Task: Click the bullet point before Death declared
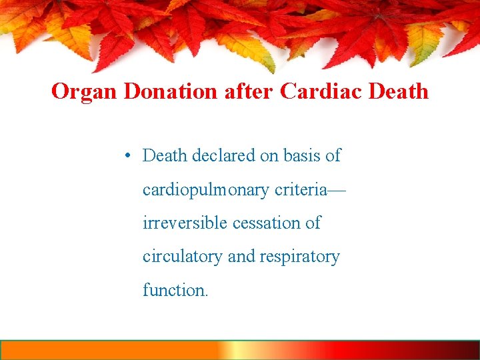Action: pyautogui.click(x=127, y=156)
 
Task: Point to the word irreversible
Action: pyautogui.click(x=185, y=223)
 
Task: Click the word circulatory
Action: pyautogui.click(x=183, y=257)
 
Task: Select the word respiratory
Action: pyautogui.click(x=303, y=257)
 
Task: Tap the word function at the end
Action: pyautogui.click(x=173, y=290)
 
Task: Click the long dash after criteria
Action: pyautogui.click(x=337, y=191)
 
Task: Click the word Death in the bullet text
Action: pyautogui.click(x=165, y=156)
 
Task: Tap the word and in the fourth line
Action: pyautogui.click(x=242, y=257)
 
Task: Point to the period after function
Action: pyautogui.click(x=207, y=295)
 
